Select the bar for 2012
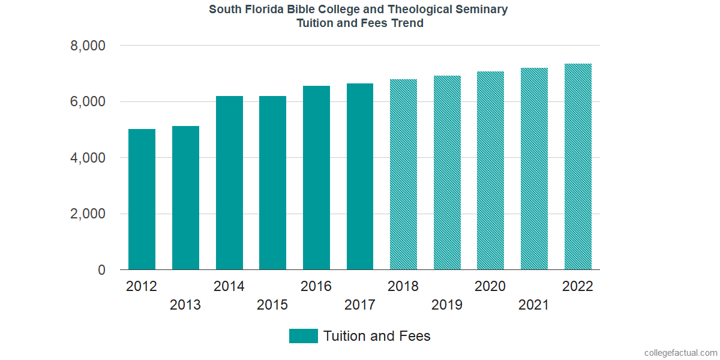pos(142,199)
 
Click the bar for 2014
pos(229,183)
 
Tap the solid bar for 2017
pos(360,176)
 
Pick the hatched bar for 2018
pos(403,175)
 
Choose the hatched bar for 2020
pos(490,170)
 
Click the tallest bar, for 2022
pos(578,167)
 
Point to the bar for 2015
pos(272,183)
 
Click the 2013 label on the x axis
pos(185,305)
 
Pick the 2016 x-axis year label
pos(316,286)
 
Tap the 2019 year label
pos(447,305)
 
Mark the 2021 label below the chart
pos(534,305)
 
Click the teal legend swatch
pos(303,336)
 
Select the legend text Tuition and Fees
pos(377,336)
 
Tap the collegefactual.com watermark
pos(680,352)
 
